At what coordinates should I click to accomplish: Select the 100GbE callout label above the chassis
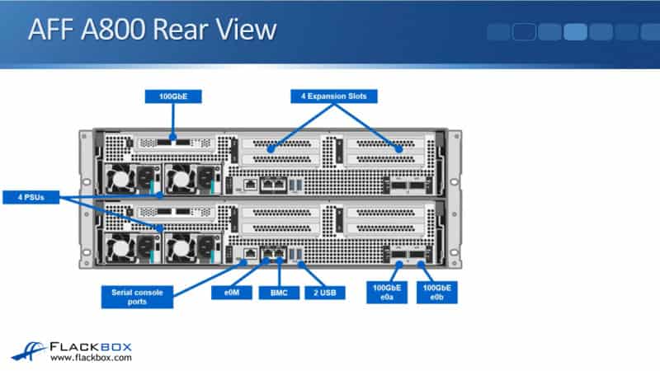point(174,96)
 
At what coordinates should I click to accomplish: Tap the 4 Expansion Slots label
point(334,96)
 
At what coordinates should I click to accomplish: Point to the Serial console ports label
point(137,296)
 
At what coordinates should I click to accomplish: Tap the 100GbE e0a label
point(385,292)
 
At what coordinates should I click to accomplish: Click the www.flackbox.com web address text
point(91,359)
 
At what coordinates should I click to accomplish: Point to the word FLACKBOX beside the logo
point(91,346)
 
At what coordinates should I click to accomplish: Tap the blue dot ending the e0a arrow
point(398,264)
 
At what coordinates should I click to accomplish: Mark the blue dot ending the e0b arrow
point(421,264)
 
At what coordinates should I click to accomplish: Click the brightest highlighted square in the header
point(575,32)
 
